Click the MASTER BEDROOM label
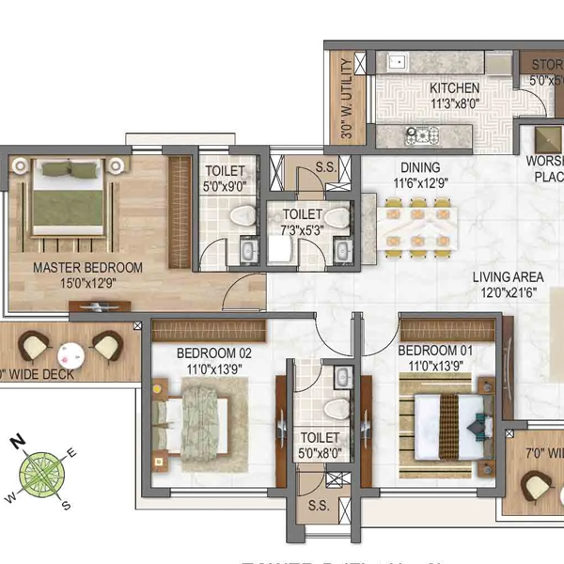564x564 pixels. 87,268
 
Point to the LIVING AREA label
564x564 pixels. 508,277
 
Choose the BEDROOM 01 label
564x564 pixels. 431,351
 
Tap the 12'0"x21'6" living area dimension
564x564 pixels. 508,292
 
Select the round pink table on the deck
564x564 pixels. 69,354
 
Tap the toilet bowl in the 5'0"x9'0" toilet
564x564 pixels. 244,215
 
